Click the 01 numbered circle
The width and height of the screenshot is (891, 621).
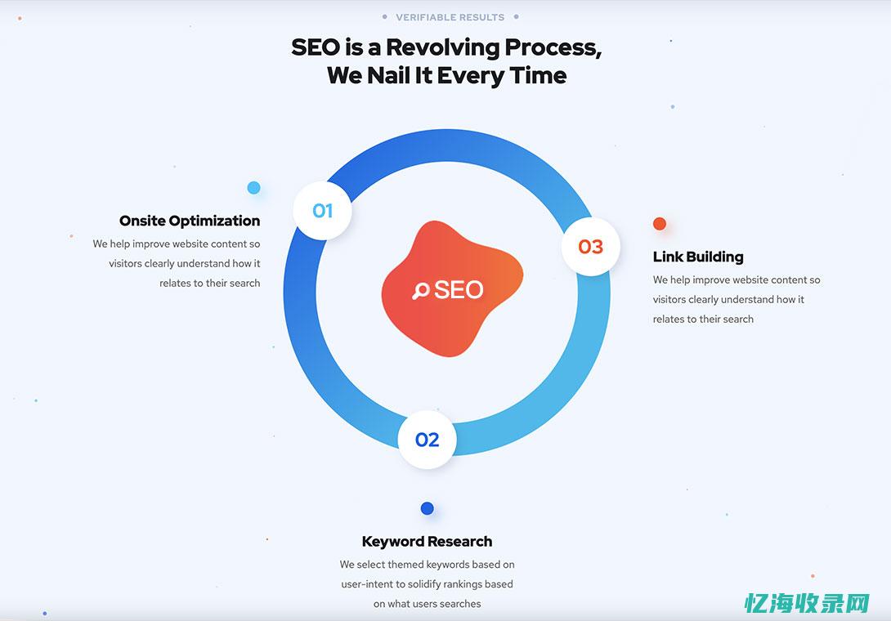323,211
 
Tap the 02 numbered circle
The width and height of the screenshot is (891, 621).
427,440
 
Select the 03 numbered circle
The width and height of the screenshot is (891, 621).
590,246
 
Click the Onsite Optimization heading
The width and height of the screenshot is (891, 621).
190,221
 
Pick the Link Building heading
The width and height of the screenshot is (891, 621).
698,257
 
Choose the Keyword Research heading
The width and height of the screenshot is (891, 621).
427,541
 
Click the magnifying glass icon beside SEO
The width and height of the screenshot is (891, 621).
421,290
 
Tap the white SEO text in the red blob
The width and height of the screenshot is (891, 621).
459,290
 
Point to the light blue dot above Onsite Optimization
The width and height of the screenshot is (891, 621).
253,188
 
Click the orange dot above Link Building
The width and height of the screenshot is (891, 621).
660,224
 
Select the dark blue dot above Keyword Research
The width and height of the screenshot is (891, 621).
427,508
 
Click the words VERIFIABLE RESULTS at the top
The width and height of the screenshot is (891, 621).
450,17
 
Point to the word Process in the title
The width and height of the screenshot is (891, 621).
553,47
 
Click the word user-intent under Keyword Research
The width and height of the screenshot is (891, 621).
368,584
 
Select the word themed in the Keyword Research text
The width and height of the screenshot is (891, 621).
405,565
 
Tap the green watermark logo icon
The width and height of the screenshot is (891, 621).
756,604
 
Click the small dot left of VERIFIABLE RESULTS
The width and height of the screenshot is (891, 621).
384,16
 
